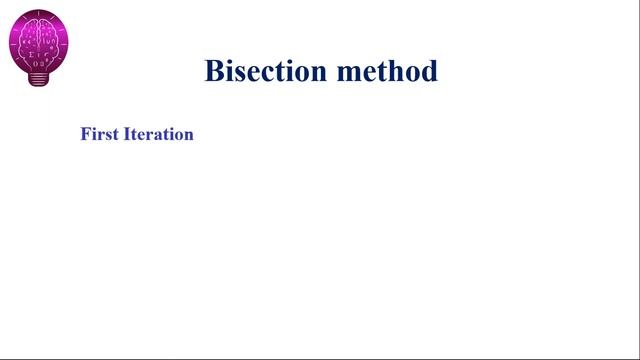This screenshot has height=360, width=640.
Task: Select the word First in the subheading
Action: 99,134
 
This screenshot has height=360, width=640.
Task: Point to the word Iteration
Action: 158,134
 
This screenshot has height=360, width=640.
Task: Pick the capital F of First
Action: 85,134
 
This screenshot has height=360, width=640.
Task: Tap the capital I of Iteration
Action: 126,134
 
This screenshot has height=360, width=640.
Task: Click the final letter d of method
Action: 429,72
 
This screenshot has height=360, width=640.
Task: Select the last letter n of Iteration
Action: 188,135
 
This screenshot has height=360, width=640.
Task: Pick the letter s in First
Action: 104,135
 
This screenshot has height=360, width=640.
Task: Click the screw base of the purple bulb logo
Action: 39,79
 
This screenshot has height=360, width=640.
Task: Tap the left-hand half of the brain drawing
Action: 29,41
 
